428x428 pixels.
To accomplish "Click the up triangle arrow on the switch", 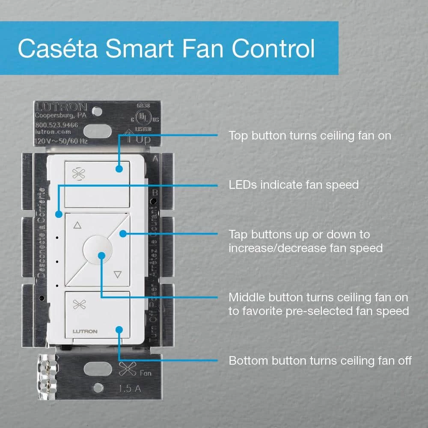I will point(77,225).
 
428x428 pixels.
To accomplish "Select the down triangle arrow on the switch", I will point(118,274).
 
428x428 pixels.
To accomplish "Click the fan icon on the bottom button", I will point(79,304).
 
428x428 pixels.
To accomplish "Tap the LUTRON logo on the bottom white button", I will point(85,331).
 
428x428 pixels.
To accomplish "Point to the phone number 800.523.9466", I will point(57,125).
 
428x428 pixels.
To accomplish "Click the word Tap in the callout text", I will point(238,235).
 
